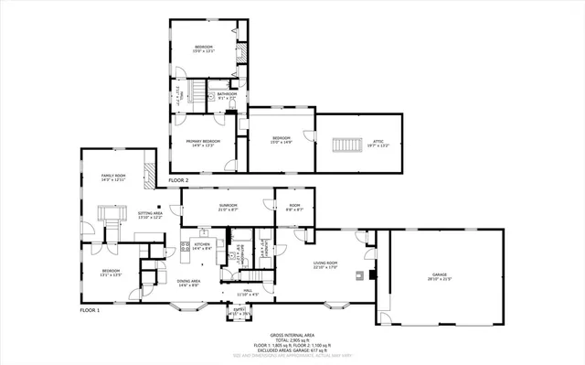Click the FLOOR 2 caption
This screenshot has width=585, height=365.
(178, 181)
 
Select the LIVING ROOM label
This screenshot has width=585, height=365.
(326, 265)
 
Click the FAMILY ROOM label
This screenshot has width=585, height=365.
(112, 176)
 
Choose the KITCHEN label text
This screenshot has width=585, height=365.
(202, 245)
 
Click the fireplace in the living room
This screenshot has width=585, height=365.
(361, 273)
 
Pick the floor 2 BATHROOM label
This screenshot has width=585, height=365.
(227, 94)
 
